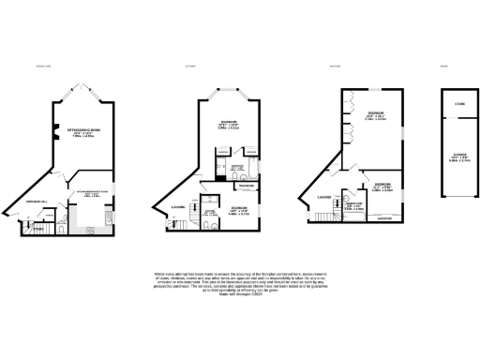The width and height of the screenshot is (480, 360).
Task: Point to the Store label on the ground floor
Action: (x=38, y=226)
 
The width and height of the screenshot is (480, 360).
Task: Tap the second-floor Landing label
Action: (x=323, y=196)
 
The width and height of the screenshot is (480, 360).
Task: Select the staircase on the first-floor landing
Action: (x=175, y=222)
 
